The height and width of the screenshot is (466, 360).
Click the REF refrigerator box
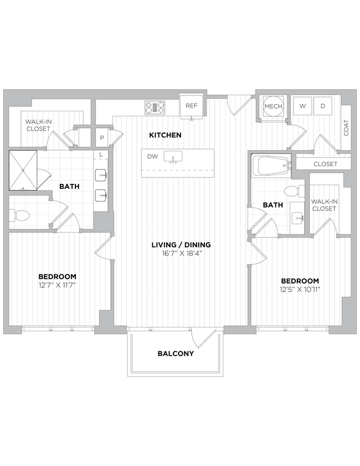click(x=192, y=105)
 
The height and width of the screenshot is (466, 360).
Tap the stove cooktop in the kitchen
click(x=155, y=106)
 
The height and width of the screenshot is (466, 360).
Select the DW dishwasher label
click(x=153, y=157)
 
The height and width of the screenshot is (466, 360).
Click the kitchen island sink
click(x=174, y=157)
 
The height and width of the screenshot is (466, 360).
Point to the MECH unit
click(x=273, y=106)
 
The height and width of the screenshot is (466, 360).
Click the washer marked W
click(x=302, y=105)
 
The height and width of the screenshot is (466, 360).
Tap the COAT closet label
click(x=346, y=129)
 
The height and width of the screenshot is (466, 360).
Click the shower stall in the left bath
click(x=23, y=170)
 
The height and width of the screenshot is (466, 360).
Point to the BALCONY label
click(x=176, y=354)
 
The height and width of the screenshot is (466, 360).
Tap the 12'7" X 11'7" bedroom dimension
click(x=57, y=285)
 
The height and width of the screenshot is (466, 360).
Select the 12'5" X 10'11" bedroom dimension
click(x=300, y=289)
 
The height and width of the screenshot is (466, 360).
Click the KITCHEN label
click(x=165, y=135)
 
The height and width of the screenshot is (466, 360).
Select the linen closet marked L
click(x=100, y=155)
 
